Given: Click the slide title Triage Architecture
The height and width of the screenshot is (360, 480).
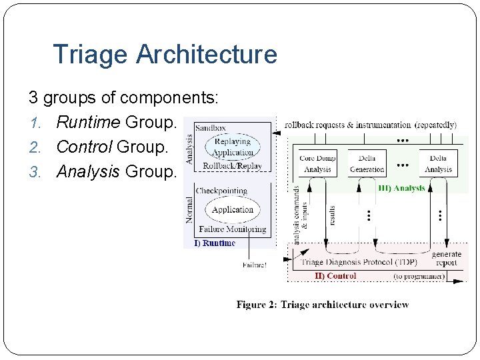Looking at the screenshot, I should click(165, 54).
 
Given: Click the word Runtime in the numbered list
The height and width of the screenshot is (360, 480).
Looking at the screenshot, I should click(89, 123).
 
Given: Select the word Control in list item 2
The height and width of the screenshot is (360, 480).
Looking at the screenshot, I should click(85, 147).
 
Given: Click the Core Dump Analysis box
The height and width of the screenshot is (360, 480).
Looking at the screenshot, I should click(317, 163).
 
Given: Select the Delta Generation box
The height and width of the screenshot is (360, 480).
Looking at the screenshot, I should click(367, 163).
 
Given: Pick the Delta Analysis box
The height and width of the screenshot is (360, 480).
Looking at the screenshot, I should click(438, 163).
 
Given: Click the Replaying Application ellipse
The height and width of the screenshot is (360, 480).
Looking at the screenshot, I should click(232, 147).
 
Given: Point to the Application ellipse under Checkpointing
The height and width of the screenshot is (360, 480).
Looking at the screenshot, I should click(232, 209).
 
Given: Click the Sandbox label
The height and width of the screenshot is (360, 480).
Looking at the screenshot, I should click(210, 127).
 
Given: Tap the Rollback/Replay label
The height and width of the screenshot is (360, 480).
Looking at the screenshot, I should click(232, 165).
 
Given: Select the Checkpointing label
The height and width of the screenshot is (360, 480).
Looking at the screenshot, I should click(221, 191).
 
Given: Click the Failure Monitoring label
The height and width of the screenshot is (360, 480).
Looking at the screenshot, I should click(232, 229).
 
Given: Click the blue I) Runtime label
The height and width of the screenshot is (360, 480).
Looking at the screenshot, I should click(215, 243).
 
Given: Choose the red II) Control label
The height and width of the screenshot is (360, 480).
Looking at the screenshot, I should click(335, 275).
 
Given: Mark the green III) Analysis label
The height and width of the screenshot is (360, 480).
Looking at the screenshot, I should click(401, 188).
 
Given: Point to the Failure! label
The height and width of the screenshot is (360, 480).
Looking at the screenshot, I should click(254, 265).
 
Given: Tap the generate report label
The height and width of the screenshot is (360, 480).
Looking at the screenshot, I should click(446, 259).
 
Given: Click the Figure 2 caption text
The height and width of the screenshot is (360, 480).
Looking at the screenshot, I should click(323, 305).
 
